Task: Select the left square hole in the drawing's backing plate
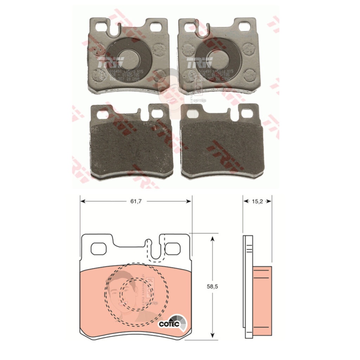click(98, 249)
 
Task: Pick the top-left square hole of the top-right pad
click(188, 27)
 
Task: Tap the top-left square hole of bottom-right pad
click(192, 113)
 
